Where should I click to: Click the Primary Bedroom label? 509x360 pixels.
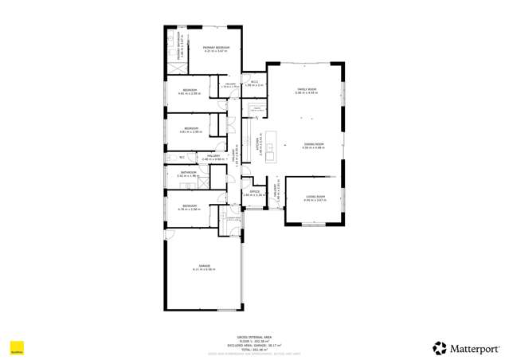[215, 49]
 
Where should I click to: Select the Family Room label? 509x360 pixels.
[307, 89]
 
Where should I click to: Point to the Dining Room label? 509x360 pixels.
[312, 143]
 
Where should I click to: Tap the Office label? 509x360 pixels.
[255, 191]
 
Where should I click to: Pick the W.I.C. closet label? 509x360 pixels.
[253, 81]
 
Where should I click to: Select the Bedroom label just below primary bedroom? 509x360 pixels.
[189, 90]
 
